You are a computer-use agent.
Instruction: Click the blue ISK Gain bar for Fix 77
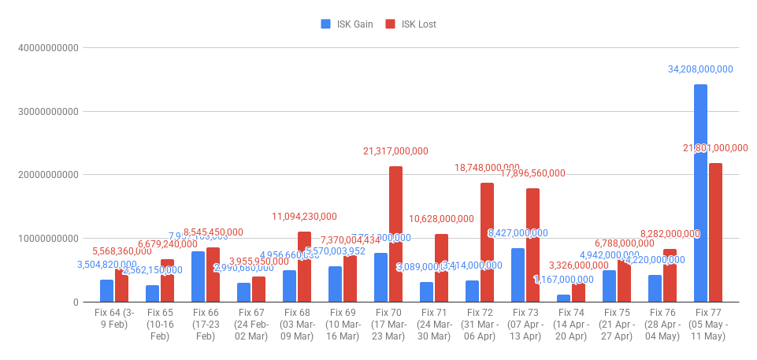[x=700, y=193]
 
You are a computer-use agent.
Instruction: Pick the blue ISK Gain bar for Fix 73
[x=518, y=275]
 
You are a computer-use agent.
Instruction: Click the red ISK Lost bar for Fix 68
[x=304, y=267]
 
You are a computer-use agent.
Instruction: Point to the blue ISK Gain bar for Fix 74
[x=563, y=299]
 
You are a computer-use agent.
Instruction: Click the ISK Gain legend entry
[x=347, y=24]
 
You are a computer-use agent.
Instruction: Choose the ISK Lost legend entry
[x=411, y=24]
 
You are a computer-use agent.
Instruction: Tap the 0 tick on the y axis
[x=75, y=302]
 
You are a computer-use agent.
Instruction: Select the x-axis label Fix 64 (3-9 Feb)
[x=113, y=320]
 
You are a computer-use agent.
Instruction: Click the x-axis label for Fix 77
[x=707, y=325]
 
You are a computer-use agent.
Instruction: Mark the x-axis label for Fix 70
[x=388, y=325]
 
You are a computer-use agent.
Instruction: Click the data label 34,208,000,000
[x=700, y=69]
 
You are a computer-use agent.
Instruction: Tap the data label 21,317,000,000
[x=395, y=151]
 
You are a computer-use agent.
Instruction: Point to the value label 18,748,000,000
[x=487, y=168]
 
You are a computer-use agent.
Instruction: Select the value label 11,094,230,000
[x=304, y=217]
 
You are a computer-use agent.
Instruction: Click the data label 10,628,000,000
[x=441, y=219]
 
